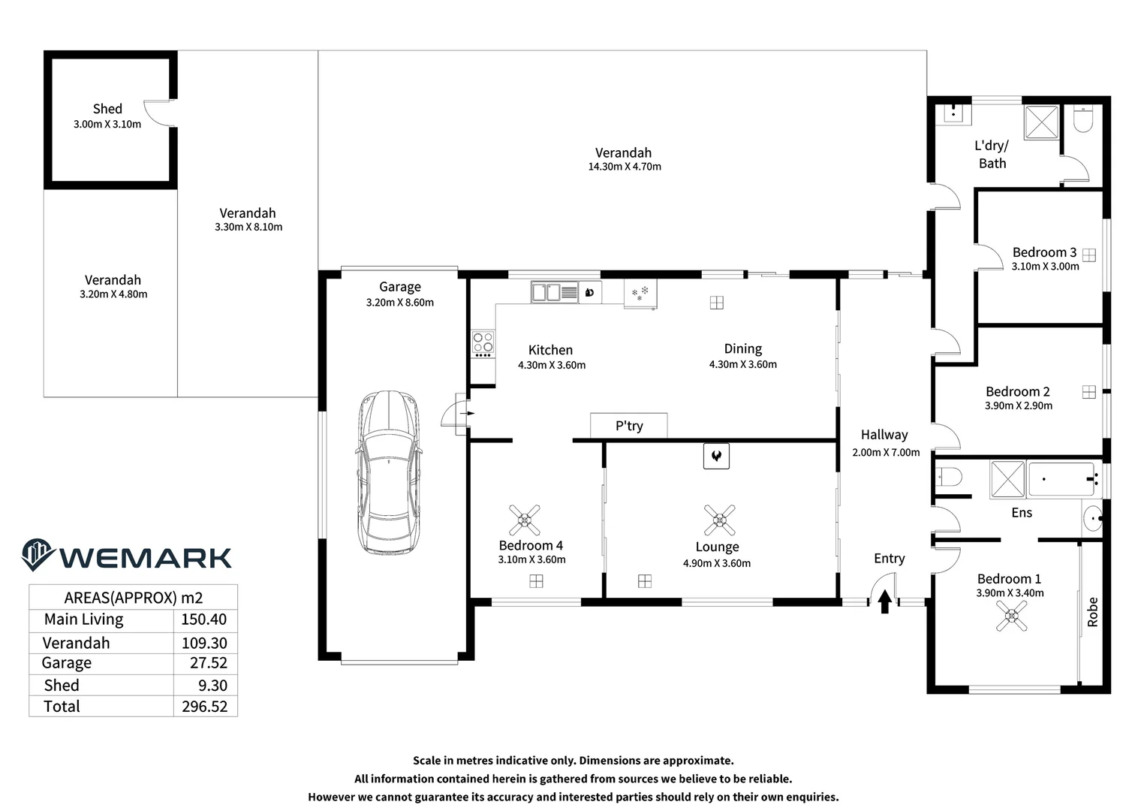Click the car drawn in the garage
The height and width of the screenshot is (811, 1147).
pos(388,472)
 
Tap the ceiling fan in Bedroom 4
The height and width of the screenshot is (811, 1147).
pos(524,520)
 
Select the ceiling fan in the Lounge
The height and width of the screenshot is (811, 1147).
pos(719,520)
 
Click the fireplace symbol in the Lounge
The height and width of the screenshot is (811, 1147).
pos(716,456)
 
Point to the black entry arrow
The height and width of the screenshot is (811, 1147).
pos(884,601)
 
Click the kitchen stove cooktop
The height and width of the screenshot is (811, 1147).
pos(483,343)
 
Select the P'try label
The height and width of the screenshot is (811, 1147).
pos(629,426)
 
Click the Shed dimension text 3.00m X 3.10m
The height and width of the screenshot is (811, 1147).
pos(107,125)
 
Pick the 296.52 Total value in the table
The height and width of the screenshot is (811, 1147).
pos(204,707)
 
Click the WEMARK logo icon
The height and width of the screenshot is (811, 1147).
pos(38,555)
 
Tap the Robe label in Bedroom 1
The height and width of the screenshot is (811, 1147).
pos(1092,612)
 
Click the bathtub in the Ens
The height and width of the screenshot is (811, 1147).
pos(1061,479)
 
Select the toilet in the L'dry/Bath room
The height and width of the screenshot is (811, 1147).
pos(1083,119)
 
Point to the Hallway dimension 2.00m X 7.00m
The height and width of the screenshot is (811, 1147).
pos(886,453)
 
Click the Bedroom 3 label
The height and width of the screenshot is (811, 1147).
pos(1044,252)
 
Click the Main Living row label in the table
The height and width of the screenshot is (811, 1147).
pos(83,620)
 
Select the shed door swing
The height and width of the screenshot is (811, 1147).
pos(159,113)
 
